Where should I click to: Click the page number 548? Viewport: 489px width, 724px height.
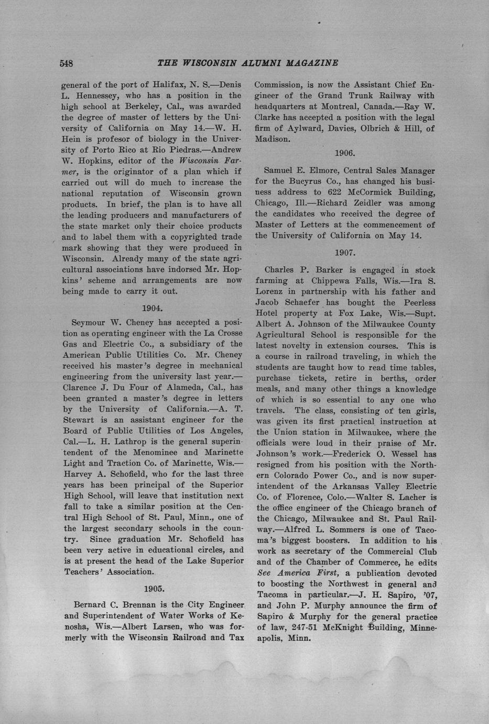(x=66, y=63)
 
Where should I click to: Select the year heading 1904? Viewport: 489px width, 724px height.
(x=153, y=307)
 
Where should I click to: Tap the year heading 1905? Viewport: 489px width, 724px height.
(x=153, y=589)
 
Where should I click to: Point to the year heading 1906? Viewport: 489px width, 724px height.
(x=345, y=153)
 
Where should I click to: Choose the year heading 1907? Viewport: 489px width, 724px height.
(x=345, y=252)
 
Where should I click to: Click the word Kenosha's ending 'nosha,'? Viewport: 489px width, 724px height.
(x=77, y=627)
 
